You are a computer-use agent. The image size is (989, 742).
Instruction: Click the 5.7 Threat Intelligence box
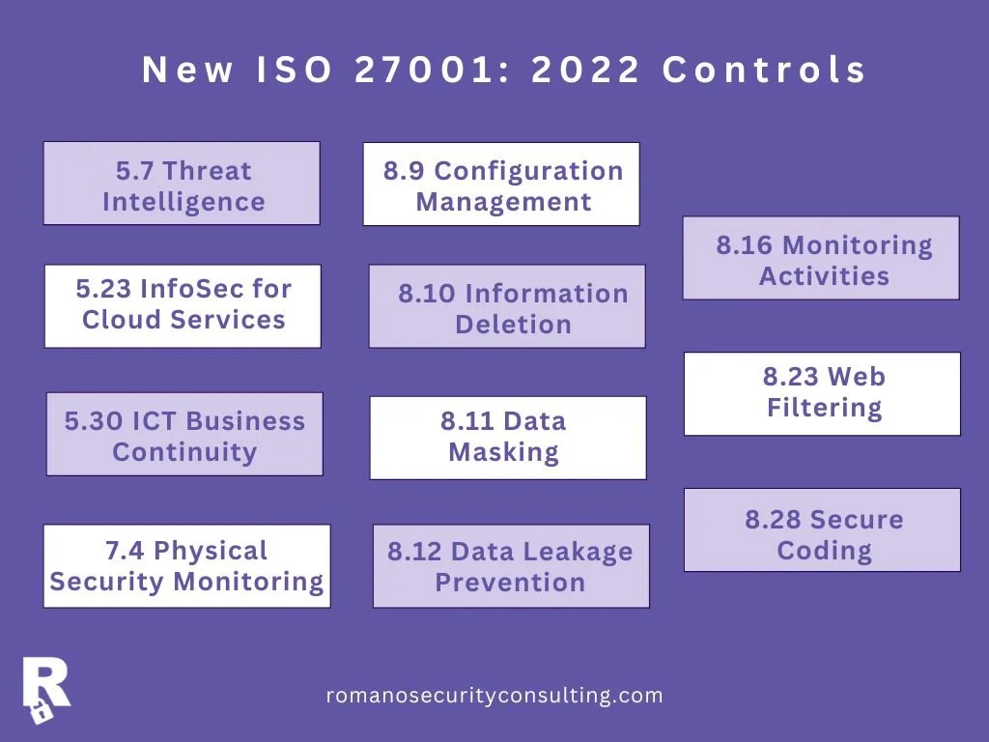[182, 184]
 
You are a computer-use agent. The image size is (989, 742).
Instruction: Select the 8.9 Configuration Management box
[501, 185]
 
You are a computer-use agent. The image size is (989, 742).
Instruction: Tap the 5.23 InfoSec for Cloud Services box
[183, 305]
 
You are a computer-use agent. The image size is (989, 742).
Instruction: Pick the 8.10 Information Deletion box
[507, 306]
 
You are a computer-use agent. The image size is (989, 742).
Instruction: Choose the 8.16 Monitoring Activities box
[821, 258]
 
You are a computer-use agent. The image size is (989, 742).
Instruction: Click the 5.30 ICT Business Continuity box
[184, 434]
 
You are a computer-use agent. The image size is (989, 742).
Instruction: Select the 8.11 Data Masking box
[508, 438]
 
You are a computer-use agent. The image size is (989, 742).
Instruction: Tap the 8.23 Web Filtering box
[822, 393]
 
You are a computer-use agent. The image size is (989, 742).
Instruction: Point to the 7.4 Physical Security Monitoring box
[186, 566]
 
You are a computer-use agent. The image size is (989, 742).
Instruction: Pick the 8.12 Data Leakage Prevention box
[511, 566]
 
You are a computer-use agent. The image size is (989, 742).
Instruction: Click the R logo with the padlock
[45, 688]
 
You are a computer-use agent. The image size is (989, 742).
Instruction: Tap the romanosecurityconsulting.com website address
[494, 696]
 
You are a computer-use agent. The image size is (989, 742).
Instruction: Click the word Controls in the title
[765, 71]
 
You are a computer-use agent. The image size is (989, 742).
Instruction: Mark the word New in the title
[187, 71]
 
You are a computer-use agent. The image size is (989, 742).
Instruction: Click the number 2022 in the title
[587, 71]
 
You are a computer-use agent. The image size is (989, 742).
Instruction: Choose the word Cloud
[121, 320]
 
